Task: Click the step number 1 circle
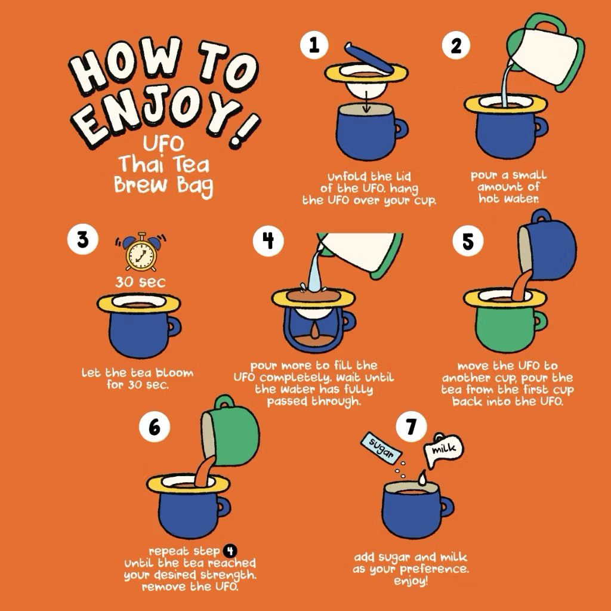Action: (x=314, y=45)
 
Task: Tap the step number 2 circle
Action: (x=456, y=45)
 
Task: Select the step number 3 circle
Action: (x=82, y=239)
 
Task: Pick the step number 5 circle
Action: (x=468, y=242)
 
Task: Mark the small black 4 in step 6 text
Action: (x=230, y=551)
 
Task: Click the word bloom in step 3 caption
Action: (x=174, y=373)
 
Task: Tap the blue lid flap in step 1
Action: (x=369, y=58)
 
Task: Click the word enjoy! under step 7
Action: (x=411, y=581)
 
